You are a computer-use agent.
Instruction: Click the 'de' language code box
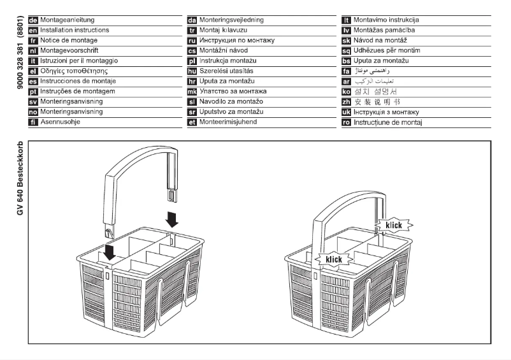click(34, 20)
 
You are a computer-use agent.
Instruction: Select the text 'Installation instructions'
click(75, 30)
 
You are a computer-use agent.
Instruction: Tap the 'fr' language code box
click(34, 40)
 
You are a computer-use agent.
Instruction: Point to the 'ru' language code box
click(192, 40)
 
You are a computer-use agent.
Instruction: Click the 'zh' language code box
click(347, 101)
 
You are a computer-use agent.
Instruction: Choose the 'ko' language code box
click(347, 91)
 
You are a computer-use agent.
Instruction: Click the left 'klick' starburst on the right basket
click(333, 259)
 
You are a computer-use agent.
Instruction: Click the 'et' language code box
click(192, 122)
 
